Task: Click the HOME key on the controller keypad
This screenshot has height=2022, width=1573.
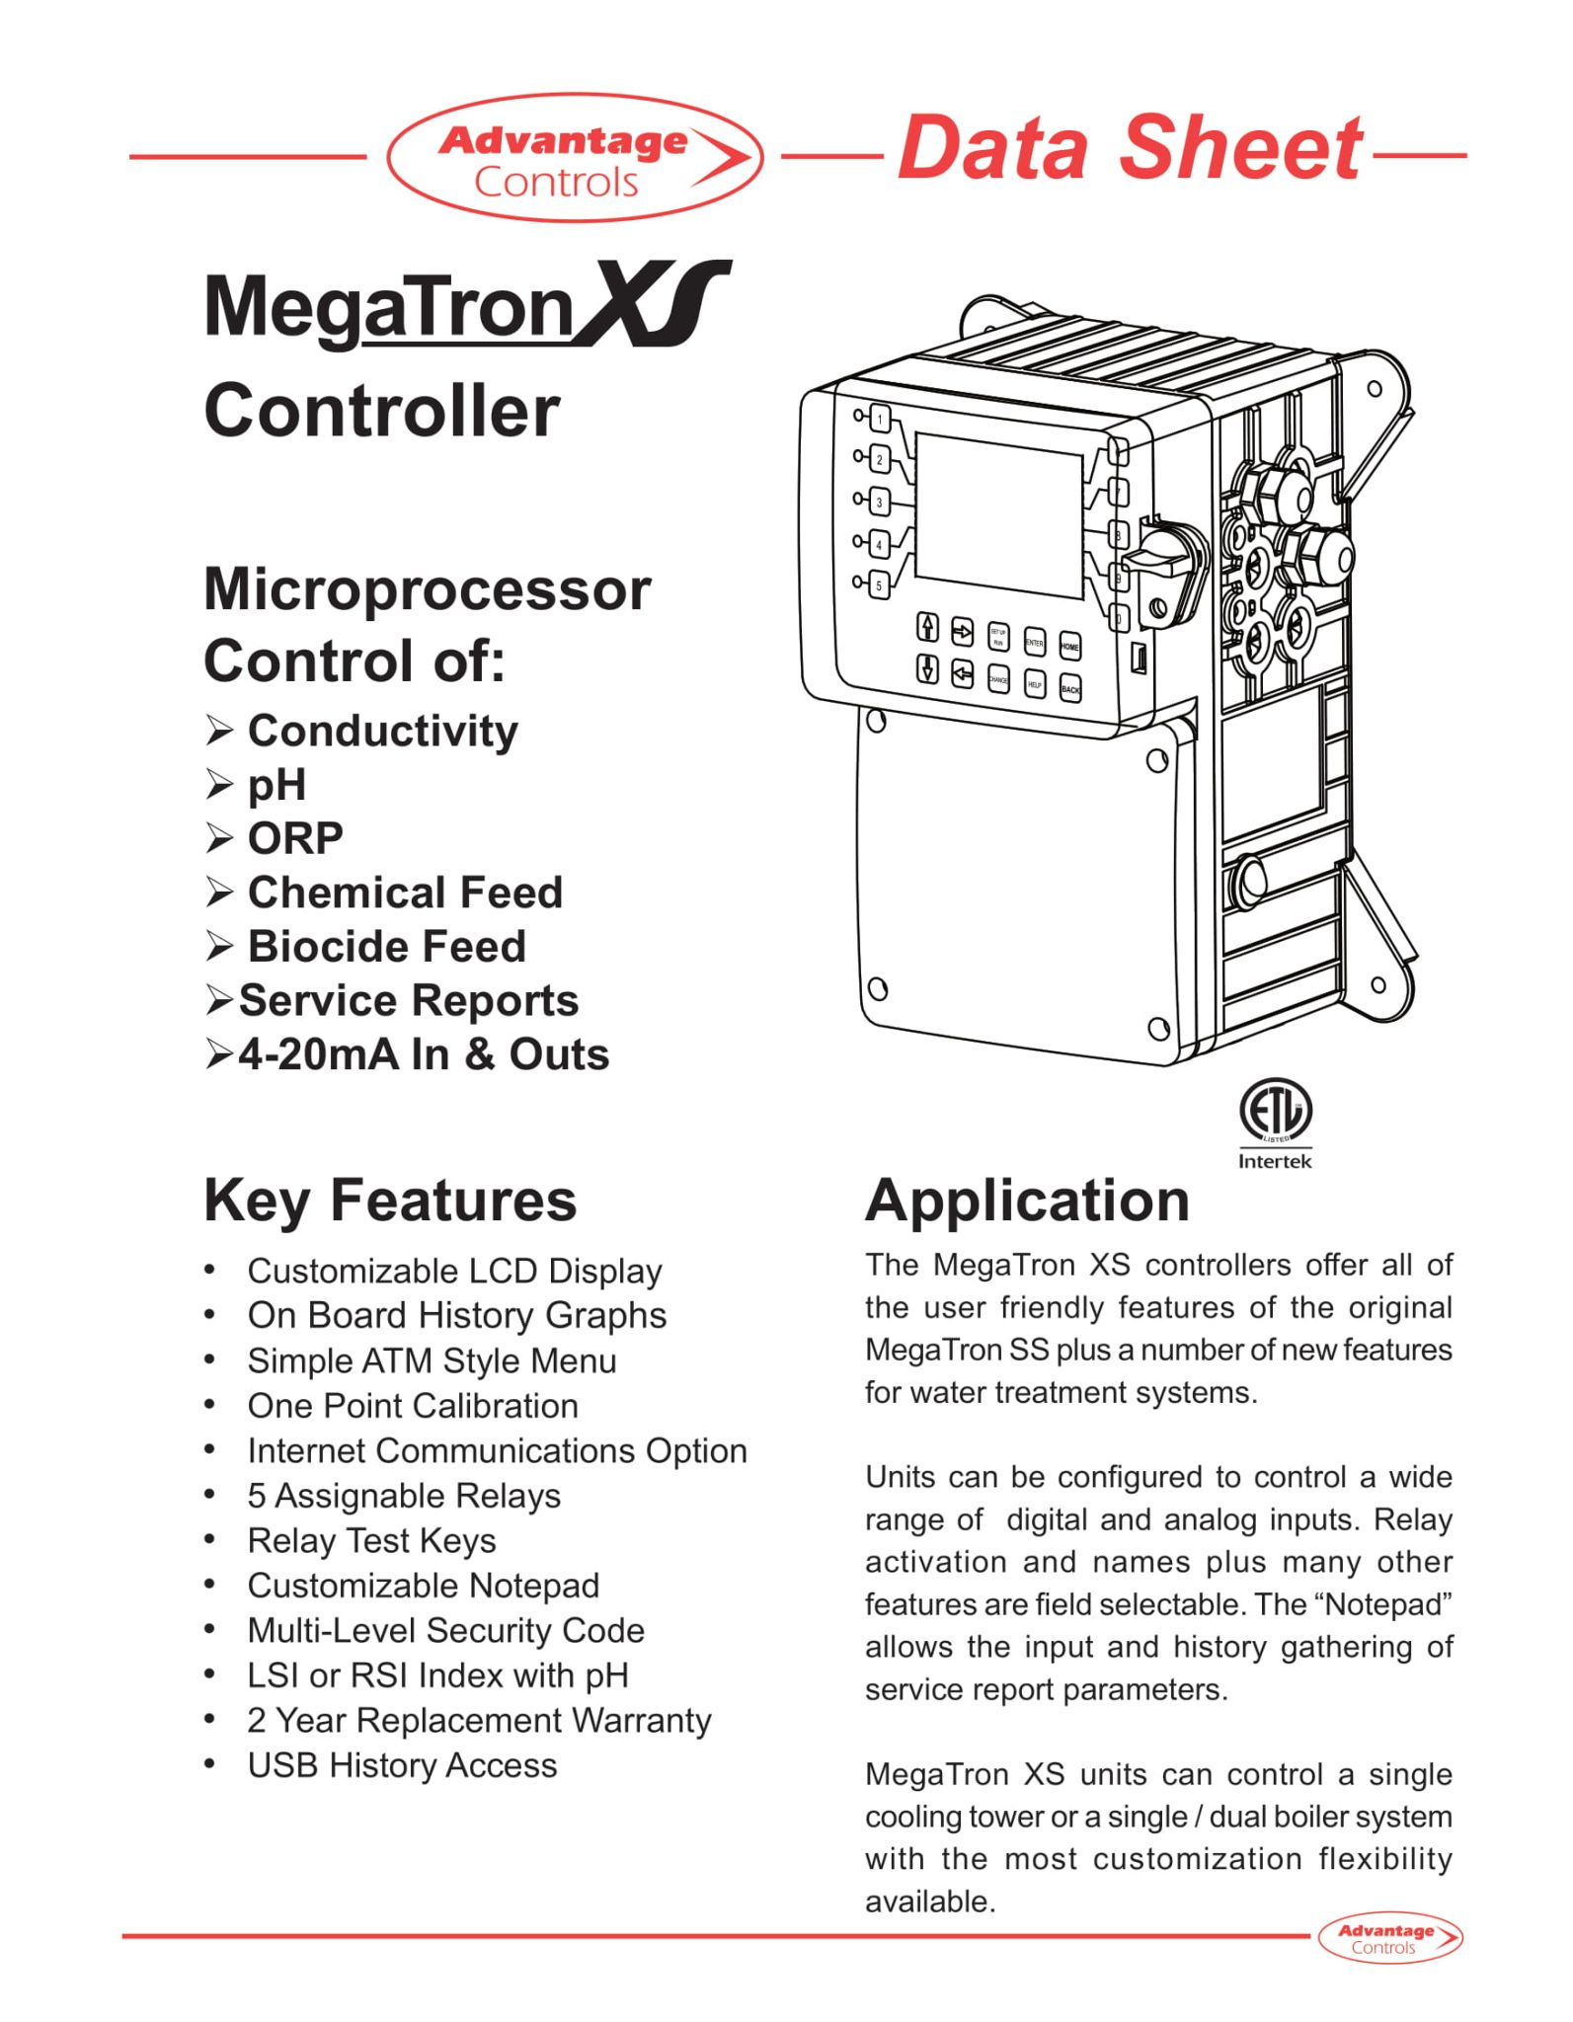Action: tap(1069, 646)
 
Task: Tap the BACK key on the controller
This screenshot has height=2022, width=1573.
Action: tap(1070, 688)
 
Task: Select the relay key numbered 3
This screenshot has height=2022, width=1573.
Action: tap(879, 502)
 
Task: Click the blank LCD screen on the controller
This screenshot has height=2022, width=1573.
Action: tap(998, 515)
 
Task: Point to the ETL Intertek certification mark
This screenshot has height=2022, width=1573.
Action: tap(1275, 1121)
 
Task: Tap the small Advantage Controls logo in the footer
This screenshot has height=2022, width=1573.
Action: tap(1389, 1938)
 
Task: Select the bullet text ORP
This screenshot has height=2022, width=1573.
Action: tap(294, 838)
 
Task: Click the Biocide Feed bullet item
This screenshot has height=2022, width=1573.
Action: tap(386, 946)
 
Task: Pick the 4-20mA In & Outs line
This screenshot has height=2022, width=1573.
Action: tap(424, 1054)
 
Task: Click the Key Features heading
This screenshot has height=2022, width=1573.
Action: tap(390, 1201)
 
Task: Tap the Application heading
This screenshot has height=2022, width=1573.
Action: tap(1027, 1201)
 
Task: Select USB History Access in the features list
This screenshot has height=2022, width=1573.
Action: tap(402, 1765)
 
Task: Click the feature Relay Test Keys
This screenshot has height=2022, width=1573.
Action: tap(371, 1540)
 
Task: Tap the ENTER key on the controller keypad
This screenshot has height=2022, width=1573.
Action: tap(1034, 643)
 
